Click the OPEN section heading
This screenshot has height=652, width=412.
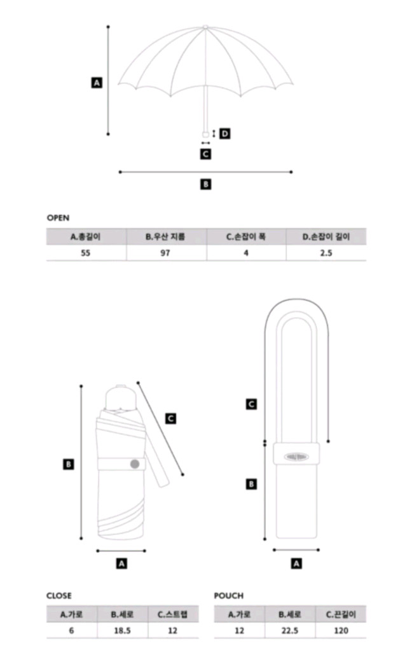(58, 217)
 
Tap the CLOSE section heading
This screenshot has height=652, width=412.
(59, 596)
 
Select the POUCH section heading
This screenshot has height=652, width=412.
(229, 596)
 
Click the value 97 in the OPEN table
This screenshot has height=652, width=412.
(166, 252)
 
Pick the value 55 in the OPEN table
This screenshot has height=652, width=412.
(86, 252)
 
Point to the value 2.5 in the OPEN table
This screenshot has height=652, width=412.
(326, 252)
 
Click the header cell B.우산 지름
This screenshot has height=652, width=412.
(166, 237)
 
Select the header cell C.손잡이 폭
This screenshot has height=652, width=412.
(246, 237)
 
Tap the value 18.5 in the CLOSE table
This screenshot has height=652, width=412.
(122, 630)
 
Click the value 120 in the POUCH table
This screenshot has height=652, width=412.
(341, 630)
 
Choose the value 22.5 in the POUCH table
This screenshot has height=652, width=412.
(290, 630)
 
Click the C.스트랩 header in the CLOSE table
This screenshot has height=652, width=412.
(173, 614)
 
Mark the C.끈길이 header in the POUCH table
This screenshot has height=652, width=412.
(341, 614)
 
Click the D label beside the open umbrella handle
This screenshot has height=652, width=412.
(224, 133)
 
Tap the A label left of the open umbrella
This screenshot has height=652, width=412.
(97, 82)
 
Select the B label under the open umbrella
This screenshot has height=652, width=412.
(205, 184)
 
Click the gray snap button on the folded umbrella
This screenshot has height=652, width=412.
(135, 464)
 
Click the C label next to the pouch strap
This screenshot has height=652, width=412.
(252, 404)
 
